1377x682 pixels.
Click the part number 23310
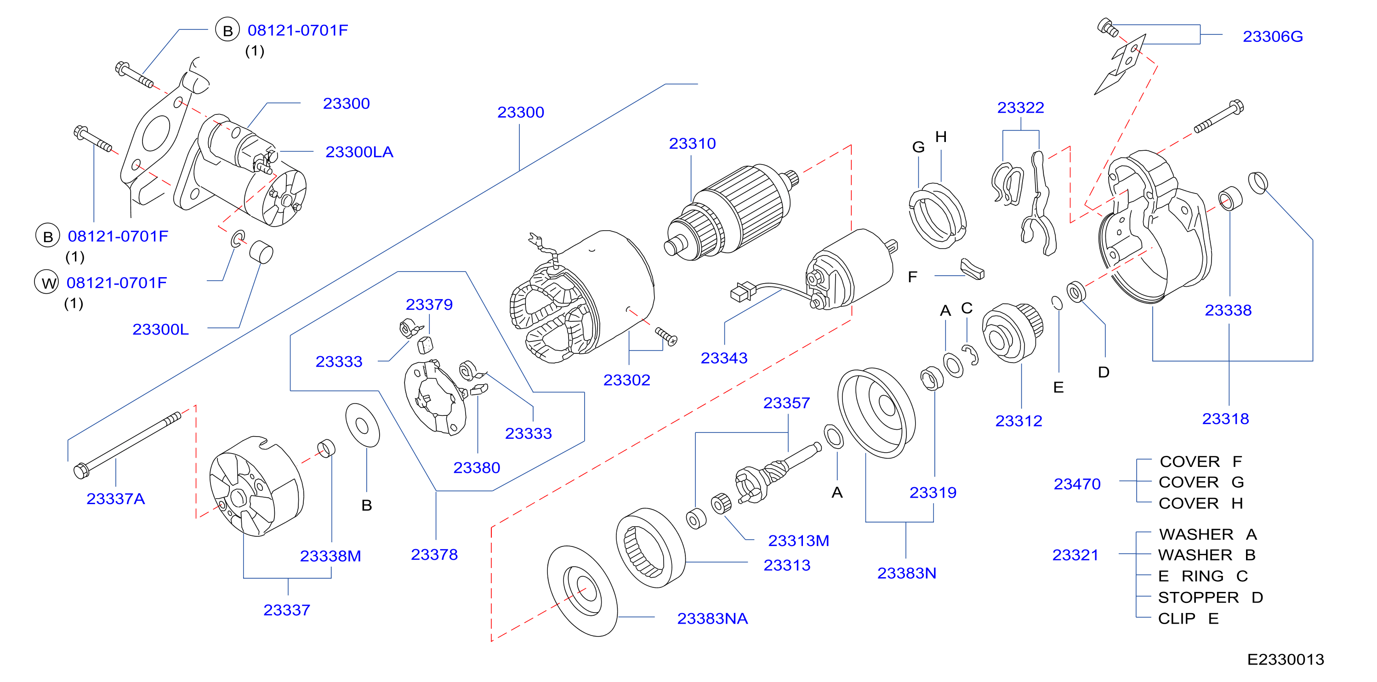pyautogui.click(x=692, y=143)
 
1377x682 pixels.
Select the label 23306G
pyautogui.click(x=1273, y=36)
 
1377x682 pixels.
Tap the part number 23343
pyautogui.click(x=724, y=358)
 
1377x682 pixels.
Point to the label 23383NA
pyautogui.click(x=712, y=619)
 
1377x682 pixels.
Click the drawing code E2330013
pyautogui.click(x=1286, y=659)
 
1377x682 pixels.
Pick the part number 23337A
pyautogui.click(x=115, y=499)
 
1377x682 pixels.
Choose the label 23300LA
pyautogui.click(x=359, y=152)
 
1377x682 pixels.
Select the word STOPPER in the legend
pyautogui.click(x=1198, y=597)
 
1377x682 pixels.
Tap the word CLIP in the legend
pyautogui.click(x=1177, y=619)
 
